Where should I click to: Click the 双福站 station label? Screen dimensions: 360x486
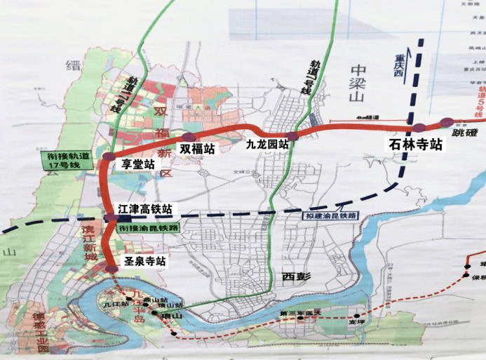(196, 149)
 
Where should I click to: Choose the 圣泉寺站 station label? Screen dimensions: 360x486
(145, 260)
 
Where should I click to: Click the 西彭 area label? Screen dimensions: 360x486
(296, 276)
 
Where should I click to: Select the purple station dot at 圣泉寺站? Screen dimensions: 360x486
(112, 268)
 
